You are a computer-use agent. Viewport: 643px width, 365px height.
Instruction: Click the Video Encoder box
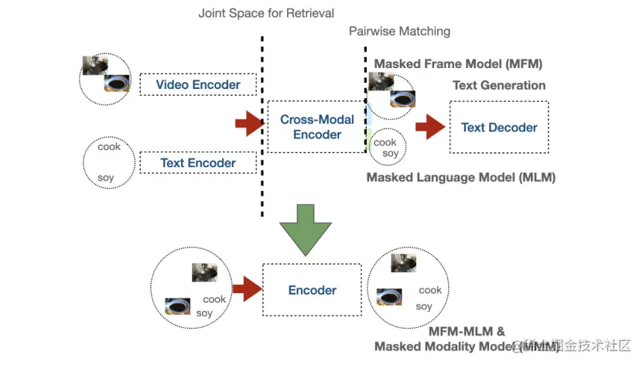tap(198, 84)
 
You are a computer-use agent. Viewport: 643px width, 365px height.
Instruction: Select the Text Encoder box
tap(198, 163)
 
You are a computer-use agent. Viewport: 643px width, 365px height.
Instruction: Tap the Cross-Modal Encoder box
tap(316, 127)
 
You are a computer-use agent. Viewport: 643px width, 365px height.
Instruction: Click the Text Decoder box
tap(499, 128)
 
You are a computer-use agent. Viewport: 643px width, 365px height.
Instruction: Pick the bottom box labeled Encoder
tap(312, 290)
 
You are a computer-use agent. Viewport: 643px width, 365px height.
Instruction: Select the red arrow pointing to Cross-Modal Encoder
tap(249, 123)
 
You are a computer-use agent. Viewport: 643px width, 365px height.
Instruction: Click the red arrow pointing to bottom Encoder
tap(247, 289)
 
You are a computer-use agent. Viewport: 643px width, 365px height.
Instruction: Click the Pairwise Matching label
tap(399, 32)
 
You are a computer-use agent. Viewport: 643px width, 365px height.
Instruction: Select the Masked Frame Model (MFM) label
tap(458, 63)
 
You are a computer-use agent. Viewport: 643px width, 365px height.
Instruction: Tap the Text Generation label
tap(499, 85)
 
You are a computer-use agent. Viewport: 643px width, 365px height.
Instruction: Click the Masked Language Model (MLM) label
tap(461, 177)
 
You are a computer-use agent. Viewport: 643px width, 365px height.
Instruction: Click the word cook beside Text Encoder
tap(109, 146)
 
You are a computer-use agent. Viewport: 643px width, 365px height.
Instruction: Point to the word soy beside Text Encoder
tap(106, 178)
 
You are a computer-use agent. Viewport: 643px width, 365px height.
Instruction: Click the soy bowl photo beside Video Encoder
tap(117, 83)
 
